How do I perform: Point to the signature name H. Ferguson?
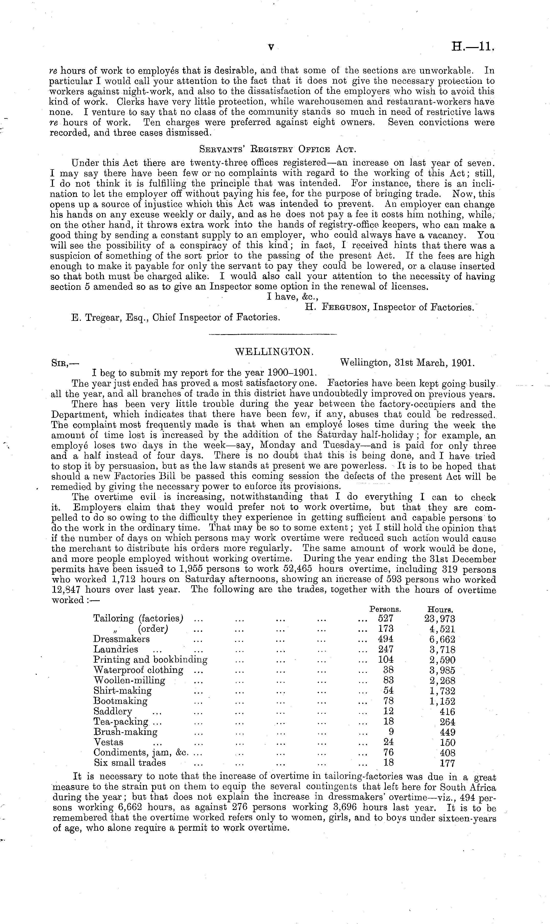pyautogui.click(x=337, y=307)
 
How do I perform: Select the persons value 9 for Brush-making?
pyautogui.click(x=391, y=732)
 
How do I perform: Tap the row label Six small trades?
pyautogui.click(x=130, y=763)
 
